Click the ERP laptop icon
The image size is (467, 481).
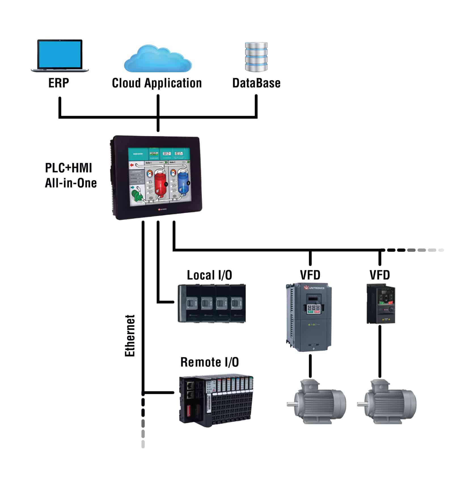point(60,56)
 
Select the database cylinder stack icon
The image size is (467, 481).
point(256,57)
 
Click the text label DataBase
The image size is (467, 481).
point(256,83)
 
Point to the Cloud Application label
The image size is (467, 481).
point(157,83)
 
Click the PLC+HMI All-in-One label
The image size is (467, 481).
point(71,176)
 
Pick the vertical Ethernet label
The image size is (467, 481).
point(130,336)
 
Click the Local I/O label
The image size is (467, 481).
point(209,275)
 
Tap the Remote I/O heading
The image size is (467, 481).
point(210,362)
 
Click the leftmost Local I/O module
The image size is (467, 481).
point(189,303)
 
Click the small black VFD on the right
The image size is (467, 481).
point(381,303)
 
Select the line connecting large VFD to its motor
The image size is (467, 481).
point(310,366)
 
